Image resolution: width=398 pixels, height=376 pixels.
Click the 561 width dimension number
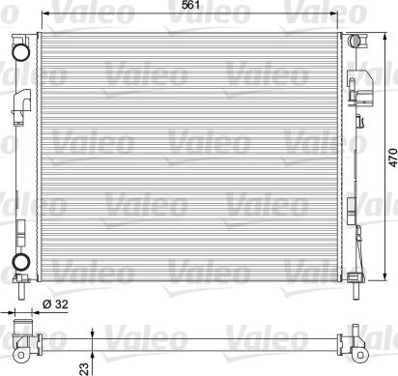coord(190,5)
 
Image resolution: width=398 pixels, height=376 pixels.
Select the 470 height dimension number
coord(392,158)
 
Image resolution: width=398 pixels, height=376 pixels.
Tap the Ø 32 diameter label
coord(55,304)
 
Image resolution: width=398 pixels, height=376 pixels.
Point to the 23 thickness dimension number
coord(84,369)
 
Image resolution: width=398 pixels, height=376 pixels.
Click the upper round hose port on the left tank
coord(20,52)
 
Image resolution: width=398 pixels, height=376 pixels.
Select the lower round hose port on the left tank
coord(20,262)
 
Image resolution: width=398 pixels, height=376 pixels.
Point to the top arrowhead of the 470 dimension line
coord(384,37)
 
